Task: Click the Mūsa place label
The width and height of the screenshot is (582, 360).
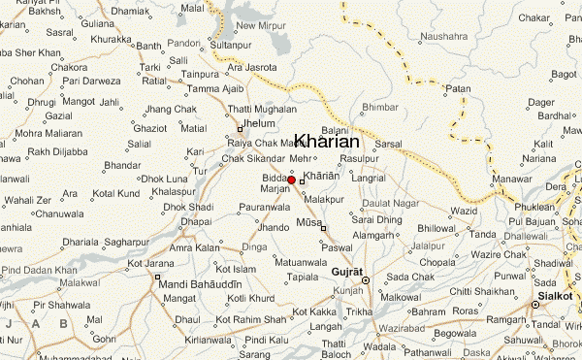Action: pyautogui.click(x=308, y=222)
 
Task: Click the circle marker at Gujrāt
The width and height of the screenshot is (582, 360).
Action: pyautogui.click(x=366, y=280)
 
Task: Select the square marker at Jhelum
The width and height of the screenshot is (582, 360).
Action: pyautogui.click(x=241, y=129)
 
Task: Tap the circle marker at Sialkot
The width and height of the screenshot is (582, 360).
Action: pyautogui.click(x=534, y=304)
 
